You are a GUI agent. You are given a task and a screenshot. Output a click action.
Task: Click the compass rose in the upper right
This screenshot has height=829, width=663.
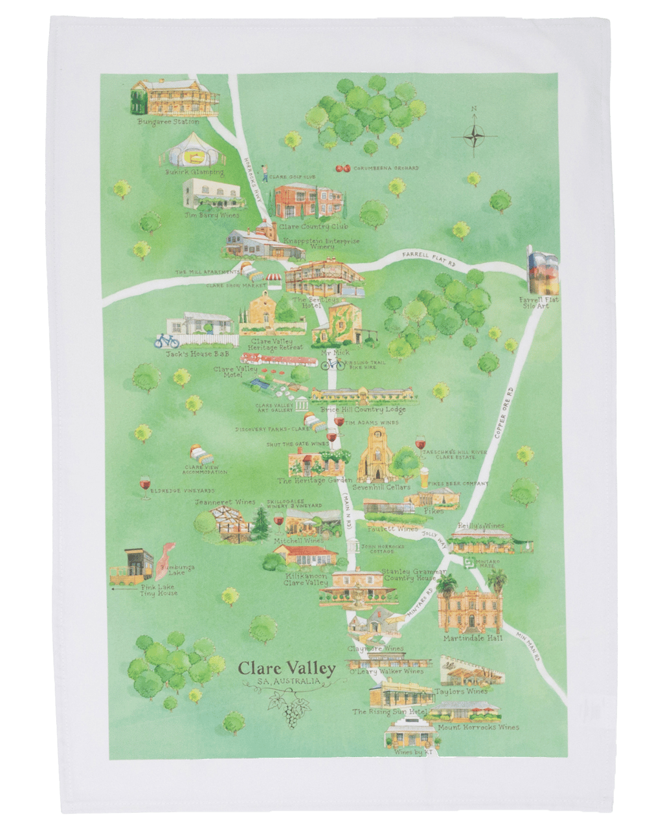click(475, 135)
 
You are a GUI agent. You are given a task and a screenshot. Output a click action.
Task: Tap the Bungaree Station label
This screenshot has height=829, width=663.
click(168, 121)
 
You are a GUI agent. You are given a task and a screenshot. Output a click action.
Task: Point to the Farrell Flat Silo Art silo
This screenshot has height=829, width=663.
click(543, 270)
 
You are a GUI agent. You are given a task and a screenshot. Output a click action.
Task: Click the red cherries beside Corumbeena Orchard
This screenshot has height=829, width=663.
click(343, 168)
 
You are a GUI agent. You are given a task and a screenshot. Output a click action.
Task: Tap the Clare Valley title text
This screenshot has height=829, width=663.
click(286, 668)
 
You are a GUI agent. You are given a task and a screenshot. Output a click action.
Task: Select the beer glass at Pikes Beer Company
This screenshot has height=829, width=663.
click(425, 479)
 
